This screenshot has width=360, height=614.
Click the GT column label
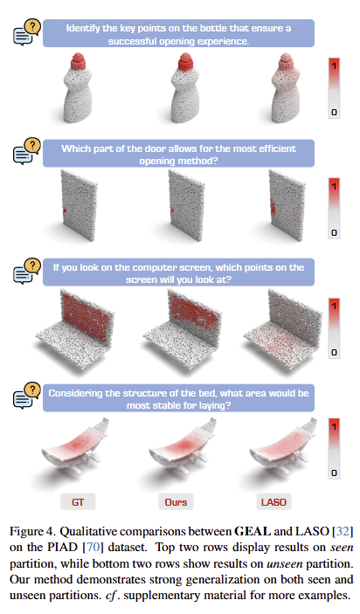pyautogui.click(x=78, y=502)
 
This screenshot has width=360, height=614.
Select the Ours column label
pyautogui.click(x=176, y=502)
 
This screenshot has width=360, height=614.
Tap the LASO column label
pyautogui.click(x=273, y=502)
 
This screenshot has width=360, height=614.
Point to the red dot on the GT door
pyautogui.click(x=65, y=210)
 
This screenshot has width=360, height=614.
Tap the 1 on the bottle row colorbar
pyautogui.click(x=334, y=66)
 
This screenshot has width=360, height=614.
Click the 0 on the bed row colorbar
pyautogui.click(x=334, y=473)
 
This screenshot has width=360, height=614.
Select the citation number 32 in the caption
pyautogui.click(x=343, y=531)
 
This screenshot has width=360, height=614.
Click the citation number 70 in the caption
pyautogui.click(x=93, y=547)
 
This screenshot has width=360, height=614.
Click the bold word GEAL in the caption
pyautogui.click(x=253, y=531)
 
